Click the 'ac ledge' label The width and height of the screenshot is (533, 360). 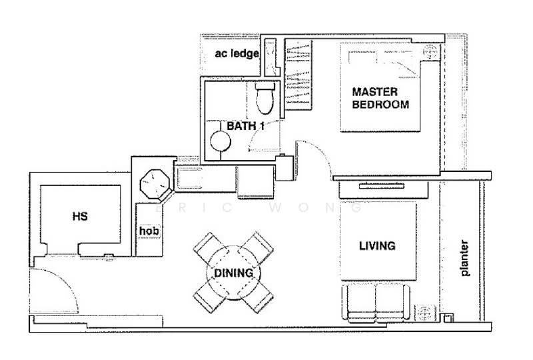(236, 53)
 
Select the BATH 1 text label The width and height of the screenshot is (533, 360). (245, 126)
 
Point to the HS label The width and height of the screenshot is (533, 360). (80, 216)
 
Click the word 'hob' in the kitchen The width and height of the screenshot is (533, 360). (148, 231)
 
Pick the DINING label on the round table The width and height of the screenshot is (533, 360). (233, 273)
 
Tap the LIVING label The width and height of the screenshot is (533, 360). (377, 246)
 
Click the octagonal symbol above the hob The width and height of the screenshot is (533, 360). (154, 183)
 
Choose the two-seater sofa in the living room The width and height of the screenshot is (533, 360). (376, 302)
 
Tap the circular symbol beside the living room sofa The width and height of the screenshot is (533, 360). (423, 311)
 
